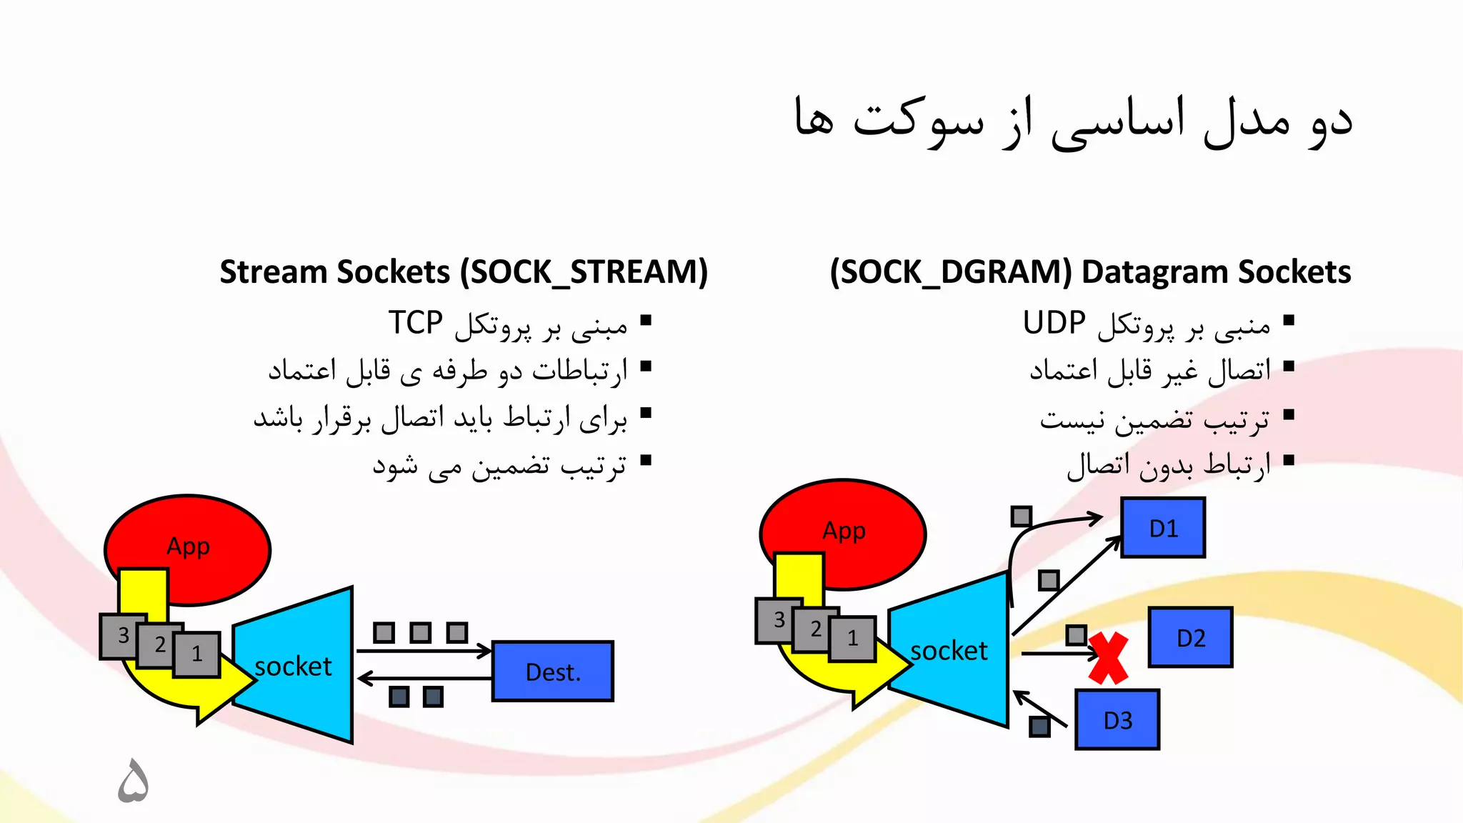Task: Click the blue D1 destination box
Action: point(1163,528)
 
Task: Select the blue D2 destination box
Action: point(1190,637)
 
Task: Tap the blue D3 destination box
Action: point(1117,720)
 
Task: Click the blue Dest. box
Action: point(553,672)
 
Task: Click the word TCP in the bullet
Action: point(416,323)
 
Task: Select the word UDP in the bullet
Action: point(1054,323)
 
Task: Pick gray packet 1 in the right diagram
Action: point(853,638)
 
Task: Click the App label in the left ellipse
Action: point(188,547)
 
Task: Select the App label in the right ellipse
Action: point(844,531)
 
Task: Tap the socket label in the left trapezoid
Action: point(293,667)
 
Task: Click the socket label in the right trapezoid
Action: point(949,651)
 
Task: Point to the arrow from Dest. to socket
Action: point(425,678)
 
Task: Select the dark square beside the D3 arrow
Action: point(1039,727)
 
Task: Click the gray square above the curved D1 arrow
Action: point(1022,516)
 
